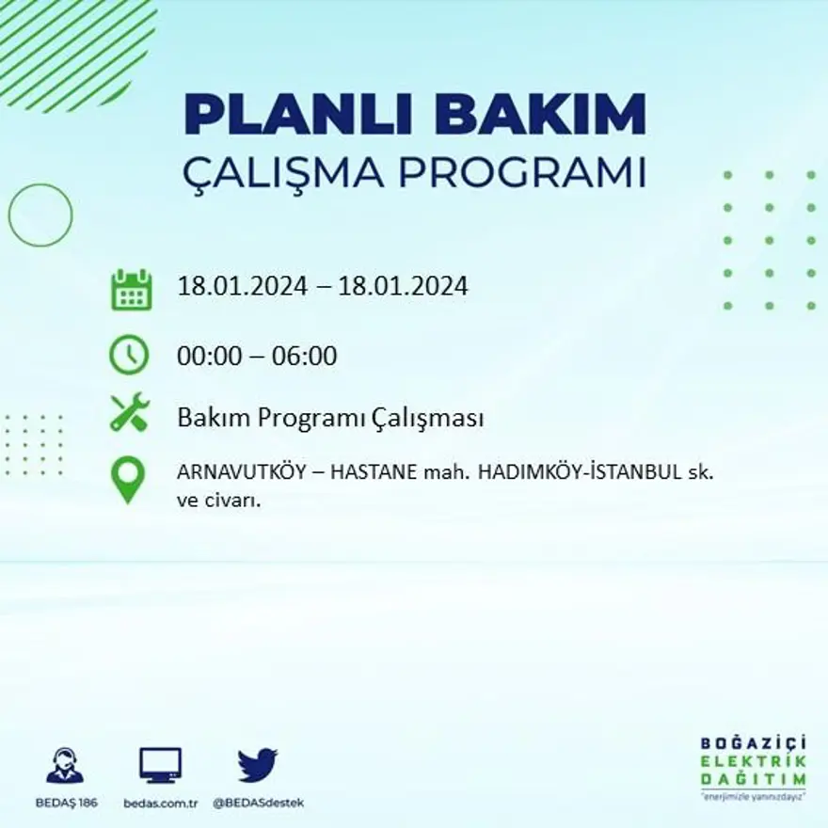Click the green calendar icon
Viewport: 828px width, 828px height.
(131, 290)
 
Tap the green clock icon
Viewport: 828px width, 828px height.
(129, 355)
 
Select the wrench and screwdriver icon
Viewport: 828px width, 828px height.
(129, 412)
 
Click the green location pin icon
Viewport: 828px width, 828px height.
(128, 479)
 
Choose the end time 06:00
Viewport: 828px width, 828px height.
(304, 357)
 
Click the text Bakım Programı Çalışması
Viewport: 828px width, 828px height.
(330, 418)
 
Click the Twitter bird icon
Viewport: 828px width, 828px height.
(257, 765)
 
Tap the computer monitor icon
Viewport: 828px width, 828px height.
(160, 765)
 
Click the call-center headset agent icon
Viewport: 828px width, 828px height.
(65, 765)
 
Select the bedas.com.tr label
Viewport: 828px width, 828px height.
(160, 804)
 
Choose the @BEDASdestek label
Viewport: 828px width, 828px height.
(258, 804)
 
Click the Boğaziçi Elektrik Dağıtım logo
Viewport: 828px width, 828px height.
(753, 767)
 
